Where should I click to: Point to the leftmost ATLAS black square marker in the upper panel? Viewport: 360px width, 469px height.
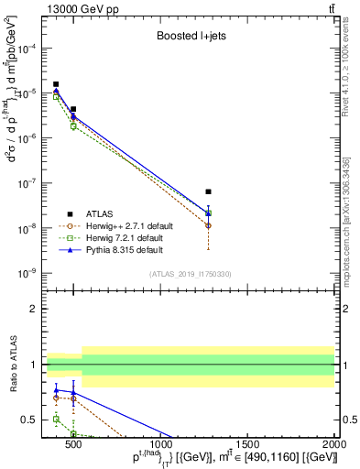(x=57, y=84)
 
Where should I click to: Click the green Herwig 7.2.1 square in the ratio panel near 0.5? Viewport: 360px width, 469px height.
(x=57, y=419)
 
